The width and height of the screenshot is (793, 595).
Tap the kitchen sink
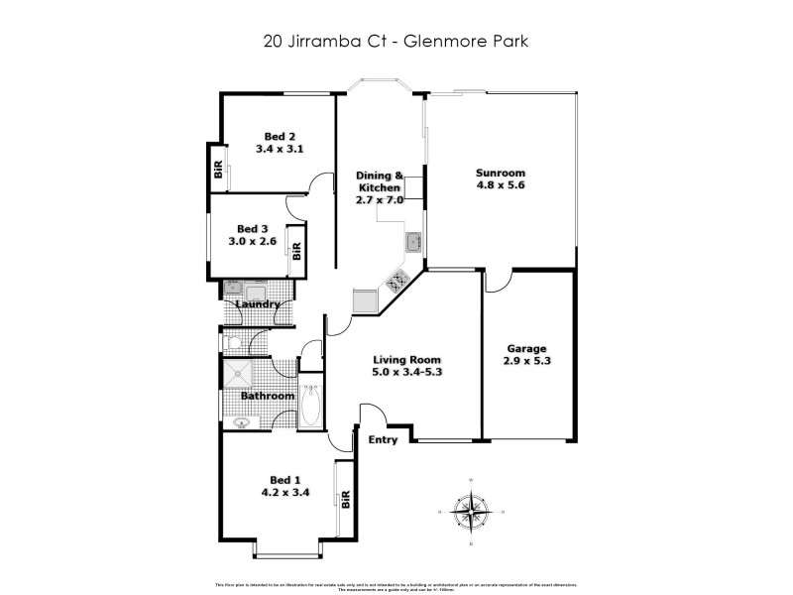click(x=412, y=242)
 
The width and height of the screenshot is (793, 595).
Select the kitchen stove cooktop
click(x=396, y=281)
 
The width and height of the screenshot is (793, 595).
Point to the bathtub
click(x=309, y=405)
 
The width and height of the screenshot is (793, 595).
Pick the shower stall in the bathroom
click(x=238, y=374)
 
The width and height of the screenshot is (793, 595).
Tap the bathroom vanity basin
click(x=241, y=422)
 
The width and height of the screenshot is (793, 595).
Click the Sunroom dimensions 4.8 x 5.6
click(x=500, y=184)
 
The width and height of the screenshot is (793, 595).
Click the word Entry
click(x=383, y=439)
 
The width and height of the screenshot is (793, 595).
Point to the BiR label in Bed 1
click(x=346, y=501)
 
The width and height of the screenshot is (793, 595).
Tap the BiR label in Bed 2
click(x=216, y=171)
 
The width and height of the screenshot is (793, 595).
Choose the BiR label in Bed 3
click(x=295, y=249)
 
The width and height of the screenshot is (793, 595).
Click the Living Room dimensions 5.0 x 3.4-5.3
click(x=406, y=373)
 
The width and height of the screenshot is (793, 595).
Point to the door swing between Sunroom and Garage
click(x=498, y=282)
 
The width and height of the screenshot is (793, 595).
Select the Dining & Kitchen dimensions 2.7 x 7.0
click(x=378, y=199)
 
